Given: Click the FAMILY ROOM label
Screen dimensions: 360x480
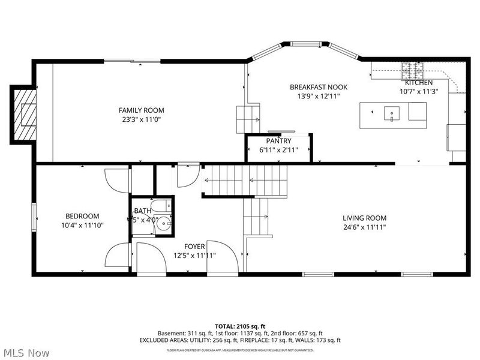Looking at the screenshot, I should (x=141, y=110).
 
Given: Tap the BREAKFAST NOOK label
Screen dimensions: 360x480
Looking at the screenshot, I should (x=318, y=87).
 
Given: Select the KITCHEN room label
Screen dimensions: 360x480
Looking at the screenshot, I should (x=418, y=83).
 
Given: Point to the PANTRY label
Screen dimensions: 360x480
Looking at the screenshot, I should (x=279, y=141).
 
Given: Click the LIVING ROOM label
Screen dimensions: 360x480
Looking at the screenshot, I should (x=364, y=218).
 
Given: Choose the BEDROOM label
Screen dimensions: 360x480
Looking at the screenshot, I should (x=82, y=216).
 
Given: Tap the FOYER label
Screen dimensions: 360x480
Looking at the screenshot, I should (x=194, y=247).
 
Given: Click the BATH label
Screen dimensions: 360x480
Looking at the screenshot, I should (x=143, y=211).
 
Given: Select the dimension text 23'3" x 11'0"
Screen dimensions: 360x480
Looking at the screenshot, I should (x=141, y=119).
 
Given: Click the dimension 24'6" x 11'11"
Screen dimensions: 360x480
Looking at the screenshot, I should (x=364, y=227).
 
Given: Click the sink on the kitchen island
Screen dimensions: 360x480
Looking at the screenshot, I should (x=392, y=112).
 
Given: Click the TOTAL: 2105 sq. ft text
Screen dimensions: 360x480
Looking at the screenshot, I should (x=240, y=326).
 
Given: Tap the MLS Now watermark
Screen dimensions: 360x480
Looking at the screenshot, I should (x=25, y=352).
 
